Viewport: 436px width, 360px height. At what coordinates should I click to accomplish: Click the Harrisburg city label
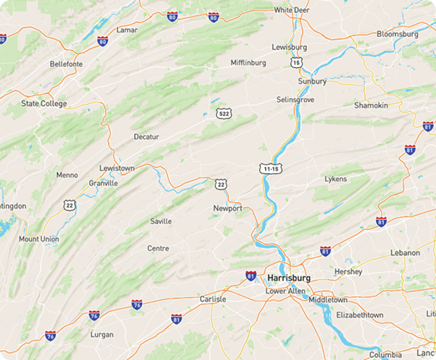(x=289, y=278)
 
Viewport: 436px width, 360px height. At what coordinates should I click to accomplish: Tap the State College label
(x=44, y=103)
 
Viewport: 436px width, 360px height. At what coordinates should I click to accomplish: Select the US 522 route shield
(x=224, y=113)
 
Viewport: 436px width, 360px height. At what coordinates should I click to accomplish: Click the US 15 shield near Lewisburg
(x=297, y=62)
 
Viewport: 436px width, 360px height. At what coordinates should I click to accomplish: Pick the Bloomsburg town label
(x=397, y=34)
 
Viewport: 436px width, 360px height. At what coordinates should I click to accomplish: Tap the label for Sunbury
(x=312, y=81)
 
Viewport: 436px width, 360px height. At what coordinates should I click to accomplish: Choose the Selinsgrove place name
(x=295, y=99)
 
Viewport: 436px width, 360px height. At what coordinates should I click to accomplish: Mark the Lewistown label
(x=117, y=168)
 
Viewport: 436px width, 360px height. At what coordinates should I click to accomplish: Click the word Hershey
(x=348, y=272)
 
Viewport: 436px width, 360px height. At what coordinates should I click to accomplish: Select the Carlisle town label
(x=213, y=299)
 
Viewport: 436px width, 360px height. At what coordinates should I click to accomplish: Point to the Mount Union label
(x=39, y=239)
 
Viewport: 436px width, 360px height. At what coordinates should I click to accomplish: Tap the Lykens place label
(x=335, y=179)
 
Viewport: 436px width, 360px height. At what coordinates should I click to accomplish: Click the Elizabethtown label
(x=360, y=315)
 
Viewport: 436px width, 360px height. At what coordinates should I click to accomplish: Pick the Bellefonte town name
(x=66, y=64)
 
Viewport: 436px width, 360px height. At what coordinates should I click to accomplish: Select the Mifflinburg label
(x=248, y=63)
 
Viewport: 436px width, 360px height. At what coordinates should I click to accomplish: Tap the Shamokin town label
(x=371, y=105)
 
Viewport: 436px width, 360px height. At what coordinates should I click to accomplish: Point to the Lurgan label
(x=102, y=334)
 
